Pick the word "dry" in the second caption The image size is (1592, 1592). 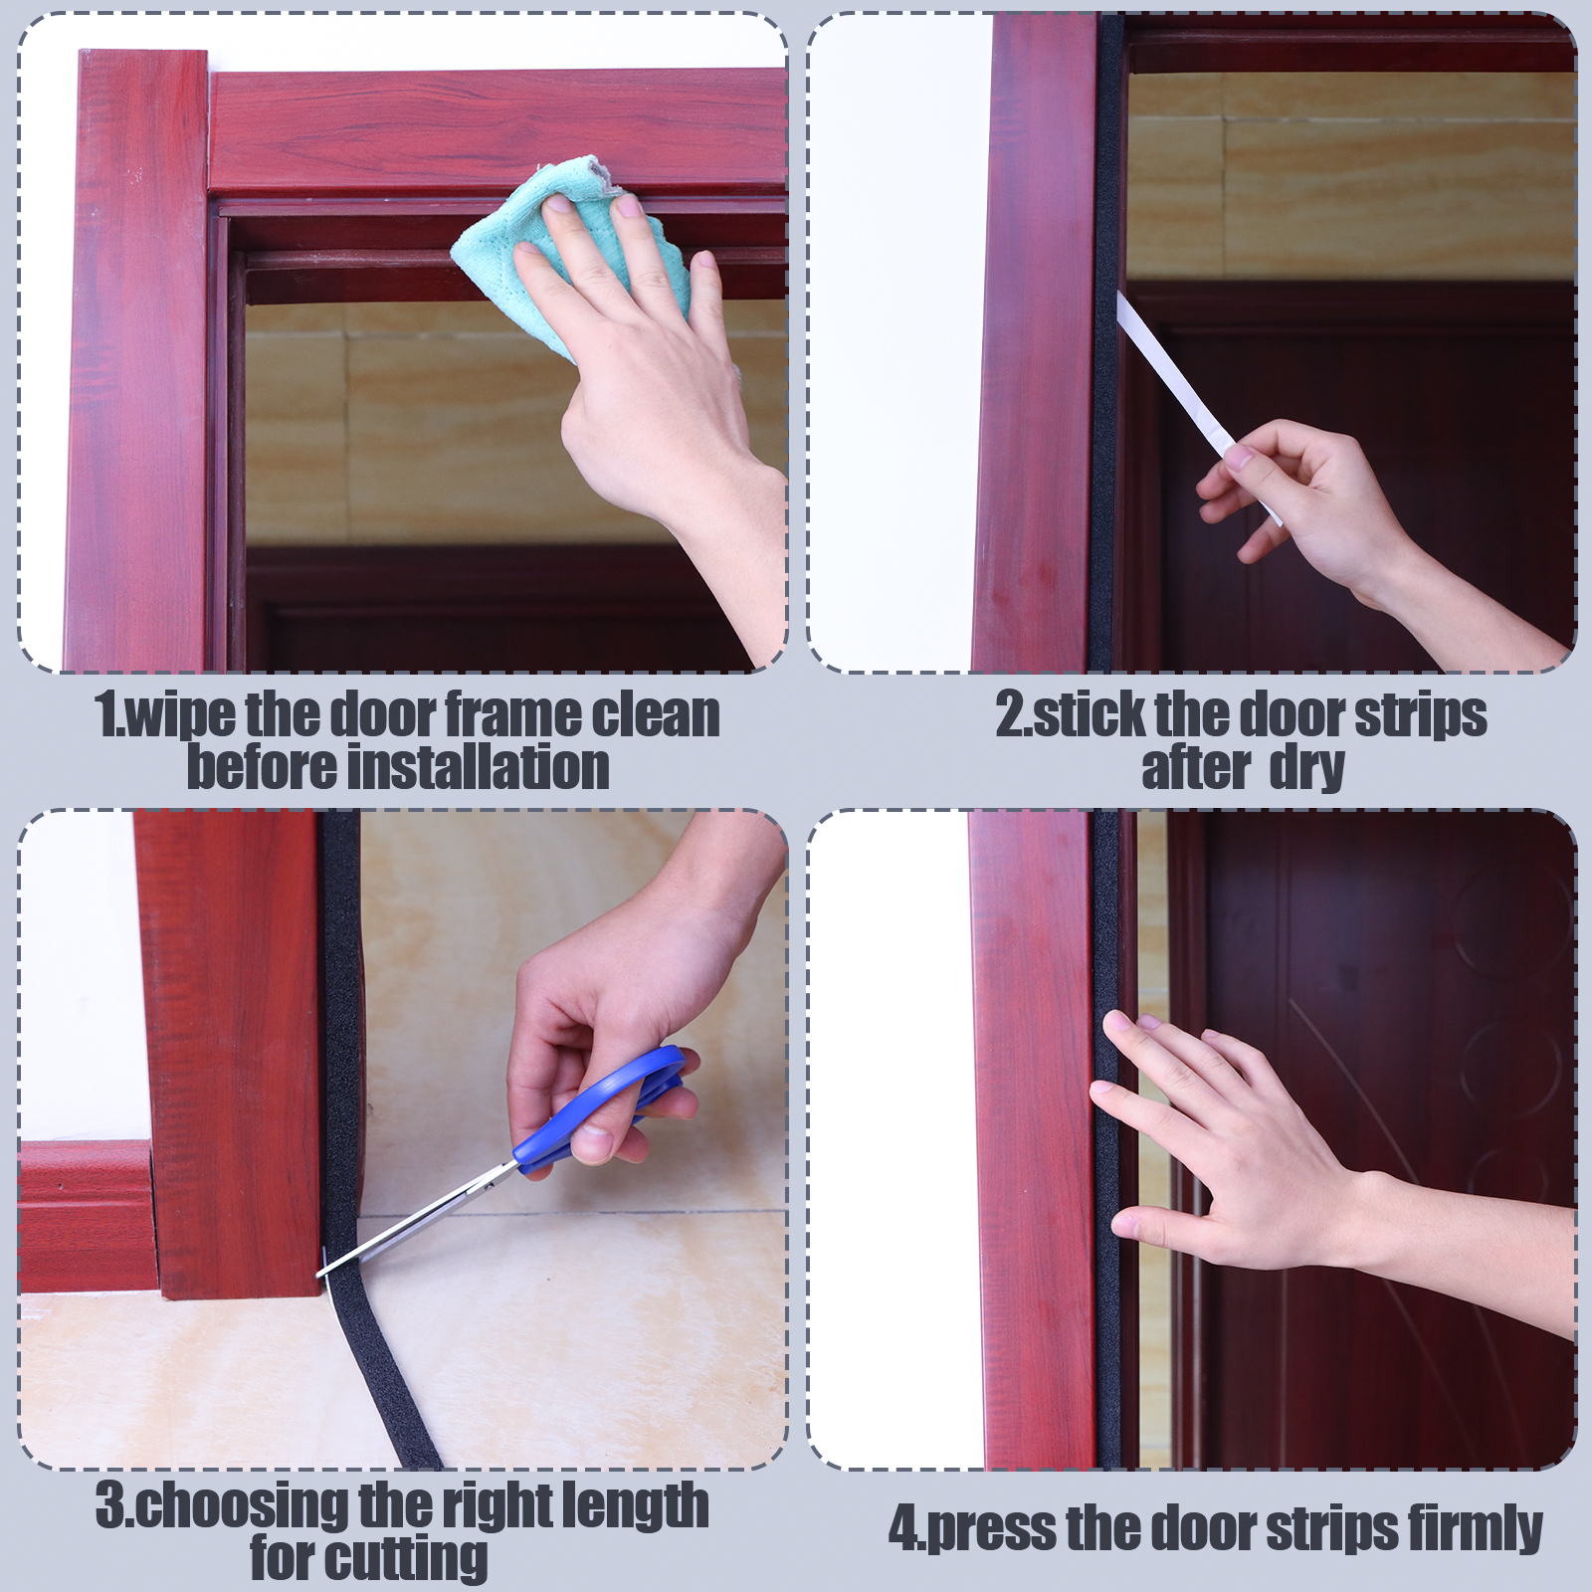[1307, 769]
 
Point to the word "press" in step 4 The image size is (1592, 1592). [986, 1529]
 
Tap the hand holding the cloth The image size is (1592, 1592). [647, 398]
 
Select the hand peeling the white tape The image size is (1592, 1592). [1343, 527]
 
